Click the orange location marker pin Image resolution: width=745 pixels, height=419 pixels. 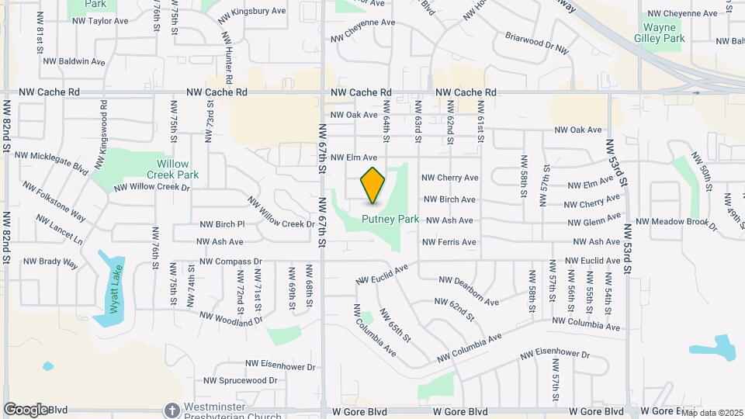373,185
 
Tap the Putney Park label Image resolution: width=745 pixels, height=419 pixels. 390,220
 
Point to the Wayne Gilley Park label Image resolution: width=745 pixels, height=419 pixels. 664,32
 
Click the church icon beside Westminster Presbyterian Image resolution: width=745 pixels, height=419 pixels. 172,409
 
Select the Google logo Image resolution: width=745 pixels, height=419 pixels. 25,409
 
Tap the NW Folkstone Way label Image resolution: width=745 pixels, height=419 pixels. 54,199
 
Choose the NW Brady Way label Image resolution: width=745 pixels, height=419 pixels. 50,263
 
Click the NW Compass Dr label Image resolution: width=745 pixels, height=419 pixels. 230,261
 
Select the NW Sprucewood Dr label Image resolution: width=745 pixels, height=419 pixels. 240,381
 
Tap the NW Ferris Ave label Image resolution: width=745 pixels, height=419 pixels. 449,242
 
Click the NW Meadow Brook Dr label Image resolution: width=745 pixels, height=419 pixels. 677,222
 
